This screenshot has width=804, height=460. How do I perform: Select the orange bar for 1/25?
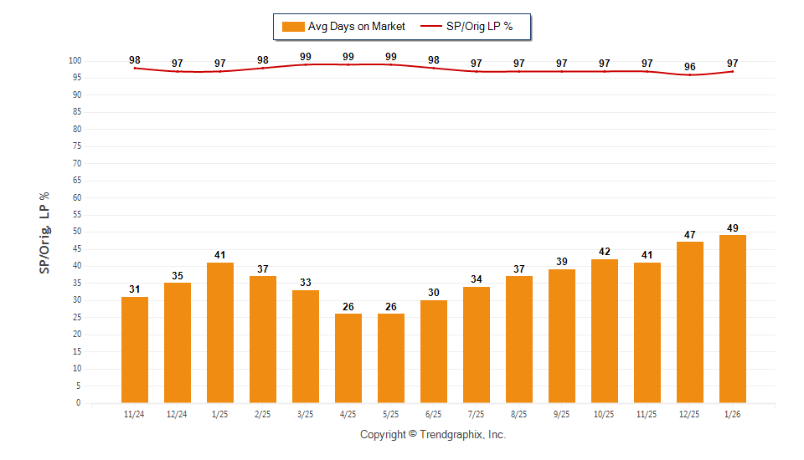pyautogui.click(x=220, y=333)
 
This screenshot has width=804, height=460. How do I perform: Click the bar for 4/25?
pyautogui.click(x=348, y=358)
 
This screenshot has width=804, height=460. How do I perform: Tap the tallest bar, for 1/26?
pyautogui.click(x=733, y=319)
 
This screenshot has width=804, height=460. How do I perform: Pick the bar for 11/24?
pyautogui.click(x=135, y=350)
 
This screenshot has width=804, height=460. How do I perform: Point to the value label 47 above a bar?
pyautogui.click(x=690, y=235)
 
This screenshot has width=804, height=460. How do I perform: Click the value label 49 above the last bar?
pyautogui.click(x=733, y=228)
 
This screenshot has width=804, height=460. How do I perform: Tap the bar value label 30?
pyautogui.click(x=434, y=293)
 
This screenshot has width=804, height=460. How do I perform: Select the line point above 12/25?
pyautogui.click(x=690, y=75)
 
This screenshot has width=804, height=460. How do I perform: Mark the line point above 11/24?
pyautogui.click(x=135, y=68)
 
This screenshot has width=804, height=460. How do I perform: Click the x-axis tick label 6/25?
pyautogui.click(x=434, y=414)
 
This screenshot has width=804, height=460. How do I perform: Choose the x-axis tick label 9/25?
pyautogui.click(x=562, y=414)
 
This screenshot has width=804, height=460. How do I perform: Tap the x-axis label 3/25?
pyautogui.click(x=306, y=414)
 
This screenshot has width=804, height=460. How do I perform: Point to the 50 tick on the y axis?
pyautogui.click(x=75, y=232)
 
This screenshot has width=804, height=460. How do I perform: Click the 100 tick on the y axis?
pyautogui.click(x=74, y=61)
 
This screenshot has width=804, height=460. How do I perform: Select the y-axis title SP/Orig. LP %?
pyautogui.click(x=44, y=232)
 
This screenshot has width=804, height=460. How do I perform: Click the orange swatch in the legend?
pyautogui.click(x=293, y=27)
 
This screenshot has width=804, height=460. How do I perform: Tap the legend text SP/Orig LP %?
pyautogui.click(x=479, y=27)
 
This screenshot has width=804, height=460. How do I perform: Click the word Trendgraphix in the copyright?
pyautogui.click(x=451, y=435)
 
